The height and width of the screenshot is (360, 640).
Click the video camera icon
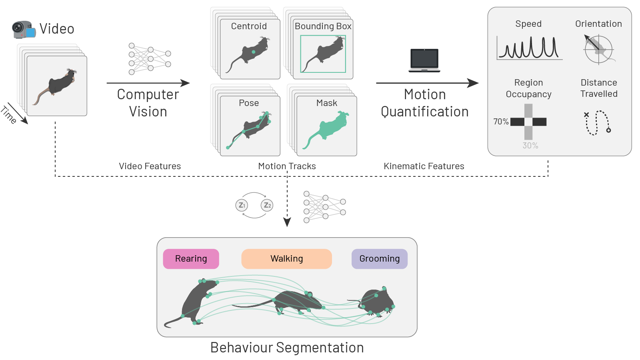pyautogui.click(x=23, y=30)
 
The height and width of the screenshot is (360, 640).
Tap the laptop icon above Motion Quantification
pyautogui.click(x=424, y=60)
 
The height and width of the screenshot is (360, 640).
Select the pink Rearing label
pyautogui.click(x=191, y=259)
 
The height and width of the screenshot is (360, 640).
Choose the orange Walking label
pyautogui.click(x=286, y=259)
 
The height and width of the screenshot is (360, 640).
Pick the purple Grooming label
pyautogui.click(x=379, y=259)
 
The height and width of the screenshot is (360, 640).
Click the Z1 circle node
pyautogui.click(x=242, y=205)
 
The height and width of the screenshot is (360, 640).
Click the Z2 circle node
pyautogui.click(x=267, y=205)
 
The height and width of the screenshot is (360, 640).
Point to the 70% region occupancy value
pyautogui.click(x=501, y=122)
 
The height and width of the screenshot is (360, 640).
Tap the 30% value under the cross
pyautogui.click(x=530, y=146)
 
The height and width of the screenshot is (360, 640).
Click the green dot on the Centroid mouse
pyautogui.click(x=254, y=52)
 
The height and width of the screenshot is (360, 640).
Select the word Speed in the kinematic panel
pyautogui.click(x=528, y=24)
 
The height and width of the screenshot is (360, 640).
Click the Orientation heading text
pyautogui.click(x=598, y=24)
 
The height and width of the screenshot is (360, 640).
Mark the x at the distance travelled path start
pyautogui.click(x=586, y=115)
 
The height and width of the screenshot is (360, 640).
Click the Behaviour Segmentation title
pyautogui.click(x=287, y=348)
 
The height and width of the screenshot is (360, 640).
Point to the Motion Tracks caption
pyautogui.click(x=287, y=166)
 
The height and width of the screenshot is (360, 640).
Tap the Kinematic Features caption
pyautogui.click(x=424, y=166)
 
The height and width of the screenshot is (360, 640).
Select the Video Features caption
pyautogui.click(x=150, y=166)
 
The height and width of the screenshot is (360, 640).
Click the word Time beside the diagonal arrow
pyautogui.click(x=9, y=115)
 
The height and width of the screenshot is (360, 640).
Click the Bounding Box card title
pyautogui.click(x=323, y=26)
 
